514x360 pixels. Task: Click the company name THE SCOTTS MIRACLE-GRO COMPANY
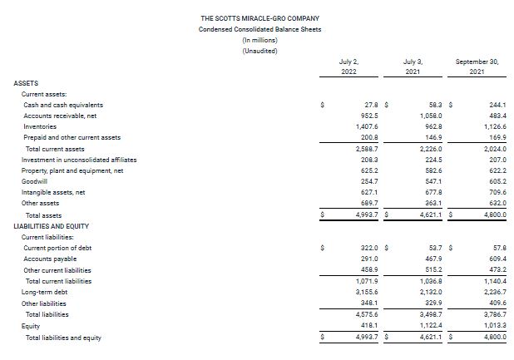(259, 17)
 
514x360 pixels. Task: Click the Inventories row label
(41, 126)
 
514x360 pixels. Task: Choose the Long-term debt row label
(44, 292)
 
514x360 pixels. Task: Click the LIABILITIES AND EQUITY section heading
(52, 226)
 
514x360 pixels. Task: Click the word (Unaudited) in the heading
(259, 51)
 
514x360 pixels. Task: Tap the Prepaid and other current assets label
(72, 137)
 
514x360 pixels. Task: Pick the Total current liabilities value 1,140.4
(492, 281)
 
